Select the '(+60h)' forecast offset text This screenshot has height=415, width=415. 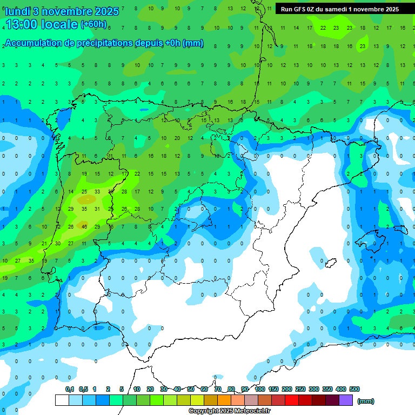point(93,24)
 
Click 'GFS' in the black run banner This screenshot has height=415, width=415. point(301,9)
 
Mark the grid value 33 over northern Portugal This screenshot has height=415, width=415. point(97,191)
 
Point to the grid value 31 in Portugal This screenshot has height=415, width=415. point(97,209)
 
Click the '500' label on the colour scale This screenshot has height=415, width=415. point(354,389)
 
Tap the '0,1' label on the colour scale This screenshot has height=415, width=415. point(70,389)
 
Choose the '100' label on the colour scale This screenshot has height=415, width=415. point(260,389)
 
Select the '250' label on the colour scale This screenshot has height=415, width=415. point(300,389)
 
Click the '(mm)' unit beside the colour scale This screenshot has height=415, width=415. point(366,401)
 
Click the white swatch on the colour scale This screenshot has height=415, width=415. point(62,400)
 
